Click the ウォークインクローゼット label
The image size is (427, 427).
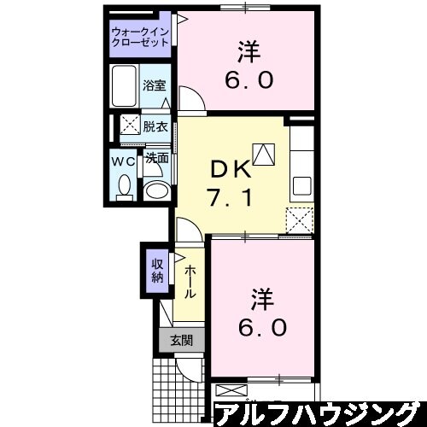pyautogui.click(x=141, y=38)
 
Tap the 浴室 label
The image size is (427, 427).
pyautogui.click(x=155, y=86)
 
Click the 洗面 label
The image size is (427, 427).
pyautogui.click(x=155, y=158)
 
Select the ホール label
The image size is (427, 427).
pyautogui.click(x=188, y=282)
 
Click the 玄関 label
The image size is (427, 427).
pyautogui.click(x=179, y=340)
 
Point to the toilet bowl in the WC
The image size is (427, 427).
pyautogui.click(x=125, y=185)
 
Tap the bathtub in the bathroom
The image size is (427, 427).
pyautogui.click(x=125, y=86)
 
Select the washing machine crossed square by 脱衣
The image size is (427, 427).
pyautogui.click(x=131, y=125)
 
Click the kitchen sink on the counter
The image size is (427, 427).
pyautogui.click(x=304, y=184)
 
